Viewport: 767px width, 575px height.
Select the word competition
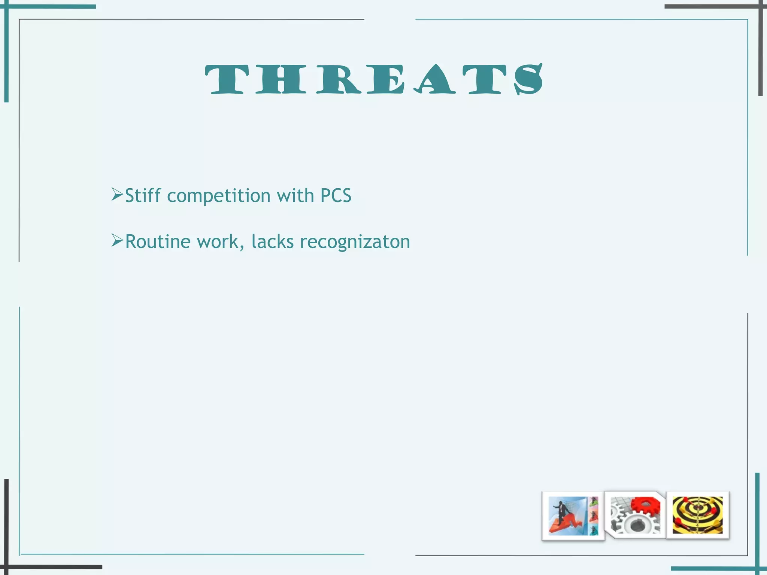point(219,196)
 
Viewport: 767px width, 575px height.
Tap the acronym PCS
point(336,196)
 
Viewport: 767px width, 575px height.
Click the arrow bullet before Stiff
point(117,195)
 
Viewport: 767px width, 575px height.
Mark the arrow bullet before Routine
point(117,241)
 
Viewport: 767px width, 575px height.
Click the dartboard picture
point(698,515)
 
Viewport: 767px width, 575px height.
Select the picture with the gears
point(635,515)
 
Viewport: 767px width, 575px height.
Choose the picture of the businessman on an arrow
point(573,516)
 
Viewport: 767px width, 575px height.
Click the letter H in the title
point(278,79)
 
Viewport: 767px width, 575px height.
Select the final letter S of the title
point(528,79)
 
